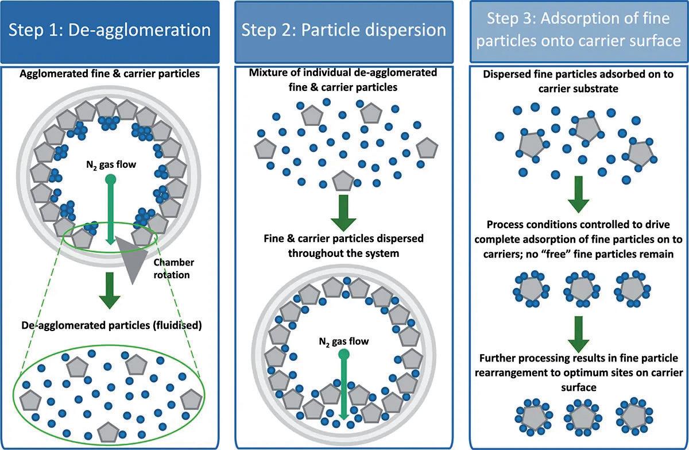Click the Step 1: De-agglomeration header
click(110, 32)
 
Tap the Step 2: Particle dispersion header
click(344, 32)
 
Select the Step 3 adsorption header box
click(579, 32)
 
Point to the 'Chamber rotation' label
click(174, 268)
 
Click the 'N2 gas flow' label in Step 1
click(111, 165)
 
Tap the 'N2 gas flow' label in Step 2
click(343, 341)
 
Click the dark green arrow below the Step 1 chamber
click(110, 290)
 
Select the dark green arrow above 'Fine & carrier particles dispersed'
click(343, 213)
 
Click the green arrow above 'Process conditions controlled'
click(579, 194)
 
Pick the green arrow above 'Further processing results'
click(579, 334)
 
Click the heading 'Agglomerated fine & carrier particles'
click(110, 74)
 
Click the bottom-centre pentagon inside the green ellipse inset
click(108, 432)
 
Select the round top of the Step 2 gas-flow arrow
click(343, 355)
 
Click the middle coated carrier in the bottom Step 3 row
click(583, 417)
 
